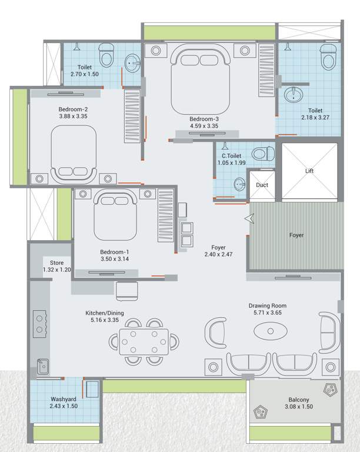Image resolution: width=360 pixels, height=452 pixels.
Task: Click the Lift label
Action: click(x=309, y=171)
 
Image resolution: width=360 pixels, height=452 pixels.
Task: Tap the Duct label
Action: click(x=262, y=185)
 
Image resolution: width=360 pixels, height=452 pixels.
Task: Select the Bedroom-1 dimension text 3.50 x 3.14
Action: click(x=115, y=259)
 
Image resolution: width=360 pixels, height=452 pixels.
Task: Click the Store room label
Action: click(x=57, y=263)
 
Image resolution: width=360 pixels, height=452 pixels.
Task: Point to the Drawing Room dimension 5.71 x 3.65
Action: click(x=266, y=313)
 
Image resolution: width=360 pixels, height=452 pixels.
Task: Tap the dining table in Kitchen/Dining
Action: click(x=144, y=340)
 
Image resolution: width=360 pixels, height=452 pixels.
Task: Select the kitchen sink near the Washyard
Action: click(x=42, y=367)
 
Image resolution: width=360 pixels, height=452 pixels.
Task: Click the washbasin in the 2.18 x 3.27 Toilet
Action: click(x=292, y=94)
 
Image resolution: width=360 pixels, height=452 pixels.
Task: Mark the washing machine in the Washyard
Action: click(x=91, y=390)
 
